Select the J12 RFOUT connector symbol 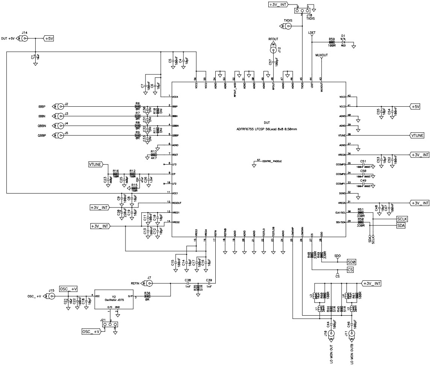274,50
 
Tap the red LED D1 343,42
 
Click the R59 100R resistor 332,42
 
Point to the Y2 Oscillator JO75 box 114,299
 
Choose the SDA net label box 401,225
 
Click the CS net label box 350,270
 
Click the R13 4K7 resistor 153,155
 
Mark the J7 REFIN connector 149,283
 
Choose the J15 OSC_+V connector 51,296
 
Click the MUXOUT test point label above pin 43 322,55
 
